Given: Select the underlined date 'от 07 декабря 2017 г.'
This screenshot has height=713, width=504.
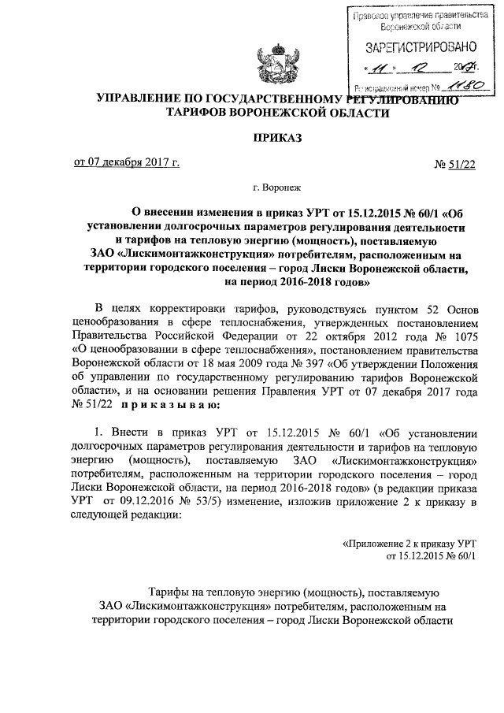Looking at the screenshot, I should click(x=126, y=163).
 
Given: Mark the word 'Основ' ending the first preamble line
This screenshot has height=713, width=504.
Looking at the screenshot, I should click(x=458, y=306).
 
